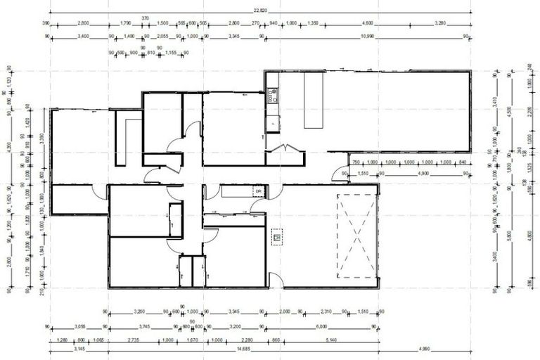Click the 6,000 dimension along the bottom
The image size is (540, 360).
click(x=321, y=327)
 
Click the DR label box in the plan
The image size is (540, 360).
click(x=258, y=191)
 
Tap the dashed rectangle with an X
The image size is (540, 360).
click(x=355, y=236)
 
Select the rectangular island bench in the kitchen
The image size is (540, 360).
click(x=314, y=102)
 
